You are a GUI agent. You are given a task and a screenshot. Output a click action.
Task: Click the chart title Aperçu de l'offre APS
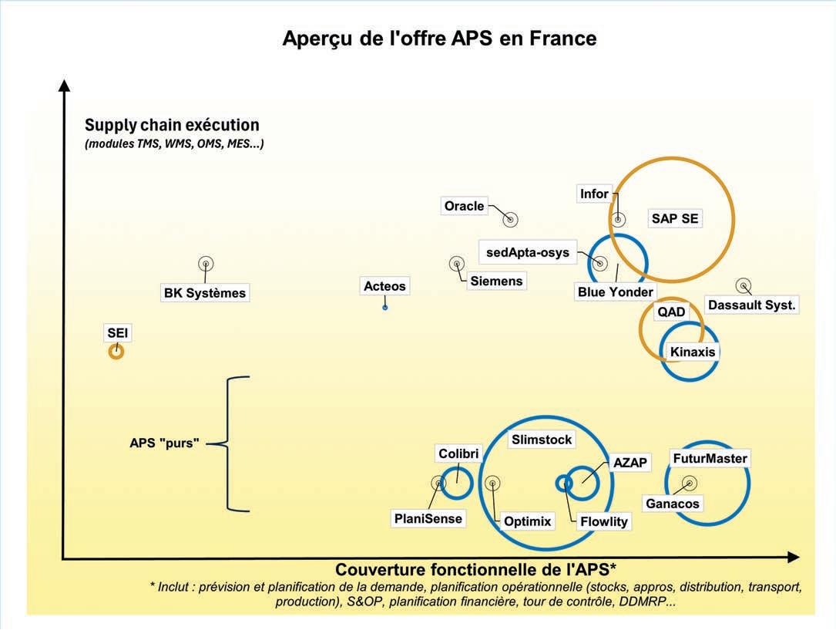[439, 38]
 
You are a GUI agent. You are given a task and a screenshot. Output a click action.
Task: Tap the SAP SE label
[675, 218]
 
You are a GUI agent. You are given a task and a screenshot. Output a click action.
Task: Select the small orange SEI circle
[116, 352]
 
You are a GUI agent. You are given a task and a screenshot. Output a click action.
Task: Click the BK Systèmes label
[205, 293]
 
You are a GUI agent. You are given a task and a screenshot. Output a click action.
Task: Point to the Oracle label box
[465, 206]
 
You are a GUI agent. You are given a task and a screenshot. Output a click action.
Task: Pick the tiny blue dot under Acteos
[385, 307]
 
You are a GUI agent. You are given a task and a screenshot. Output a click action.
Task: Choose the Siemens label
[496, 281]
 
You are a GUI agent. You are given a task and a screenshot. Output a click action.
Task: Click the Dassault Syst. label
[751, 305]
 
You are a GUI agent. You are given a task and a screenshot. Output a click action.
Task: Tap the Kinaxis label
[693, 352]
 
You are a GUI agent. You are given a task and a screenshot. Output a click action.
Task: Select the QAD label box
[671, 312]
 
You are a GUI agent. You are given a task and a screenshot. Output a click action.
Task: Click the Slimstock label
[542, 440]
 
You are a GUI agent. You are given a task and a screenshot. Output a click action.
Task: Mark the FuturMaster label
[710, 458]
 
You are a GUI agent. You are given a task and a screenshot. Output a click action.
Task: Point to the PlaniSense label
[428, 518]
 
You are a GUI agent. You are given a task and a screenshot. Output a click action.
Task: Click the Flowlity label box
[604, 521]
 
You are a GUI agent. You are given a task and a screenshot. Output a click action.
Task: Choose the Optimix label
[528, 521]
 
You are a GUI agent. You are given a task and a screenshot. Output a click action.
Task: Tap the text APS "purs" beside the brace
[164, 443]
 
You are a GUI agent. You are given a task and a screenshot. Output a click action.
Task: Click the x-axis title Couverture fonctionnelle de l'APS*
[475, 570]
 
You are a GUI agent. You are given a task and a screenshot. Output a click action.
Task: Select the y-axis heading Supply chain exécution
[172, 125]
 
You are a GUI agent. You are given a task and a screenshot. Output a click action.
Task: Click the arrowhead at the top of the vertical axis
[65, 85]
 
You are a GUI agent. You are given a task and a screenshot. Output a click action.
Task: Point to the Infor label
[594, 194]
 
